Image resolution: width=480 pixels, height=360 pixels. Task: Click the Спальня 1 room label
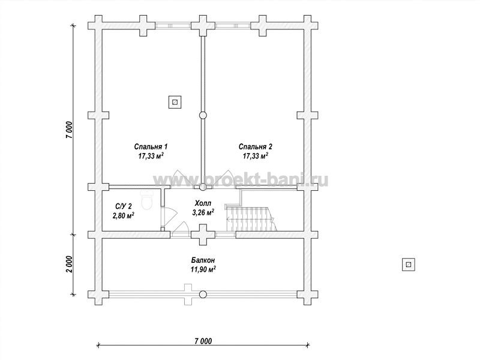click(x=151, y=146)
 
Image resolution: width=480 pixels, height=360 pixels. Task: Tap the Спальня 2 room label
click(x=256, y=146)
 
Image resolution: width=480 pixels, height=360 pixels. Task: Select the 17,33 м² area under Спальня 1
click(x=151, y=156)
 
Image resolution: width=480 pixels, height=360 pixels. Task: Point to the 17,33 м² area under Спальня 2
click(x=256, y=156)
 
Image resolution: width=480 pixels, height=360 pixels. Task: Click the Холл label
click(x=203, y=203)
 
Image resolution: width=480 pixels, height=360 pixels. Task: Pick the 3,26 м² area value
click(x=203, y=212)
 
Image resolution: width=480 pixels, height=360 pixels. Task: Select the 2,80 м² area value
click(x=124, y=215)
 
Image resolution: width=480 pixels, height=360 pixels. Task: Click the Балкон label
click(x=203, y=260)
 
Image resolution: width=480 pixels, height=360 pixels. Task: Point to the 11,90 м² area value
click(x=203, y=269)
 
